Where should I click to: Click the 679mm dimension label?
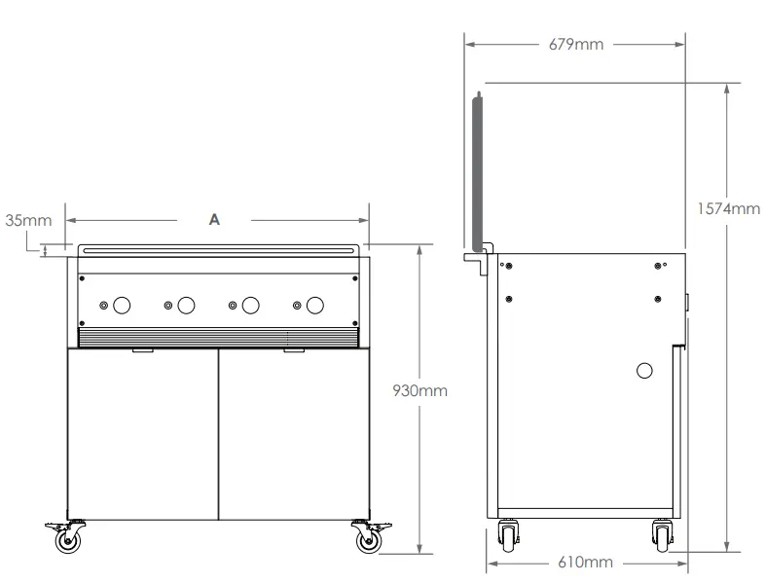(574, 45)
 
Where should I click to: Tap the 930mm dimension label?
(419, 390)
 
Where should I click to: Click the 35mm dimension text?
(28, 220)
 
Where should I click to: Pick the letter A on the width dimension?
(215, 220)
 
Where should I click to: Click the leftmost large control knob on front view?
(123, 306)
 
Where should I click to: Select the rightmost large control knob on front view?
(314, 306)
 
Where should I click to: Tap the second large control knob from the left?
(186, 306)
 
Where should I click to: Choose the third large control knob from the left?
(250, 306)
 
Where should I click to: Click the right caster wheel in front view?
(367, 541)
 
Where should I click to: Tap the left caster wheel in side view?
(508, 535)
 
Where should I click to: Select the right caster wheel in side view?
(662, 535)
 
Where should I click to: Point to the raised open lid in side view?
(478, 170)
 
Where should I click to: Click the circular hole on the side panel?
(644, 370)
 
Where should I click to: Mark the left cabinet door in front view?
(142, 433)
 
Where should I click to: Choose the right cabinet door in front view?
(293, 433)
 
